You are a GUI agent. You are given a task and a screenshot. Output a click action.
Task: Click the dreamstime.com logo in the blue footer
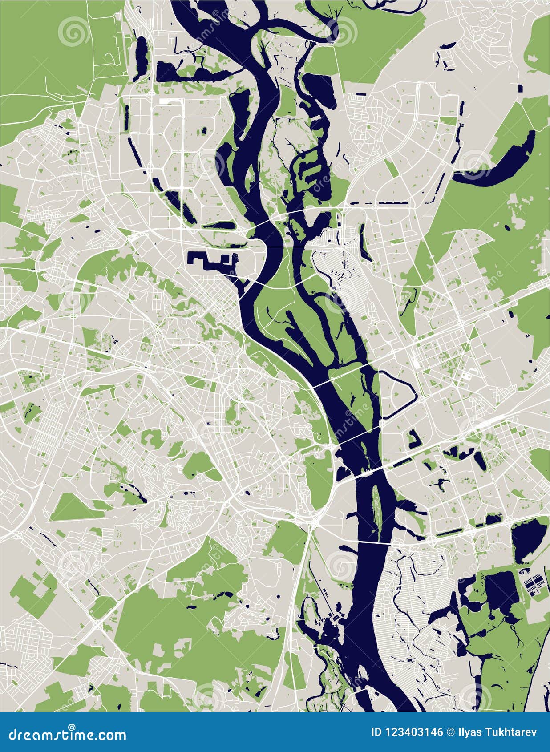(x=67, y=734)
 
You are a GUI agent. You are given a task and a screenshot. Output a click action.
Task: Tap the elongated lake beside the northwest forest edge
(x=142, y=58)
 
